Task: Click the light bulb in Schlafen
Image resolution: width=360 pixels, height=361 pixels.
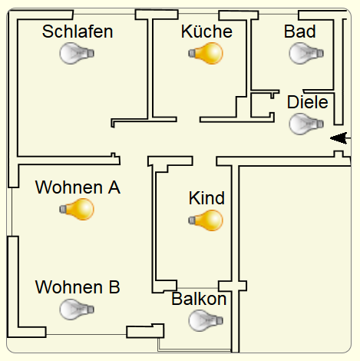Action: pos(77,53)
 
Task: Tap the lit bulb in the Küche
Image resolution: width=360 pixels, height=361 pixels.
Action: pos(206,53)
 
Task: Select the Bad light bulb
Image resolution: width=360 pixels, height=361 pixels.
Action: pos(306,53)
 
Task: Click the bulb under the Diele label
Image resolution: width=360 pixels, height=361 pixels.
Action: pos(306,124)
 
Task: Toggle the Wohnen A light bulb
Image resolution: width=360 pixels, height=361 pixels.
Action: pos(77,209)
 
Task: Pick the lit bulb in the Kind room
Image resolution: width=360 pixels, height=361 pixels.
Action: pos(206,220)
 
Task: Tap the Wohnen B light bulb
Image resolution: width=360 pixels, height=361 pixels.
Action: pos(77,310)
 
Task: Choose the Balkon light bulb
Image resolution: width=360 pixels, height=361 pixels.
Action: pos(206,320)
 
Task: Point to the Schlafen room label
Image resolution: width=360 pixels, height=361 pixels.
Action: pos(78,31)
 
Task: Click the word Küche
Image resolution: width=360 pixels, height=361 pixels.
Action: pos(206,31)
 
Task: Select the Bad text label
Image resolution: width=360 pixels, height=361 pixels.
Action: pos(300,31)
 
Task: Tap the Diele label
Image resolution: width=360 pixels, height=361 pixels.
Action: pos(308,102)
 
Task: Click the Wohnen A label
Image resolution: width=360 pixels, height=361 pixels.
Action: pos(78,187)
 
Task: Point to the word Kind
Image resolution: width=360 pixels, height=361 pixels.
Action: pos(206,198)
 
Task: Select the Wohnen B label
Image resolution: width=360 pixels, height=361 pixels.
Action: pos(78,287)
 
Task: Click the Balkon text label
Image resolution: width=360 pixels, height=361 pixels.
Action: pos(199,299)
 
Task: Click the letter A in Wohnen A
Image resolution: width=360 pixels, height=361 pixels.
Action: pos(114,187)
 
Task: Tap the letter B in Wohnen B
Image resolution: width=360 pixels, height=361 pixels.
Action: pos(114,287)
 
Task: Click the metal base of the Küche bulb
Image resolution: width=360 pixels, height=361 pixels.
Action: pos(192,53)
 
